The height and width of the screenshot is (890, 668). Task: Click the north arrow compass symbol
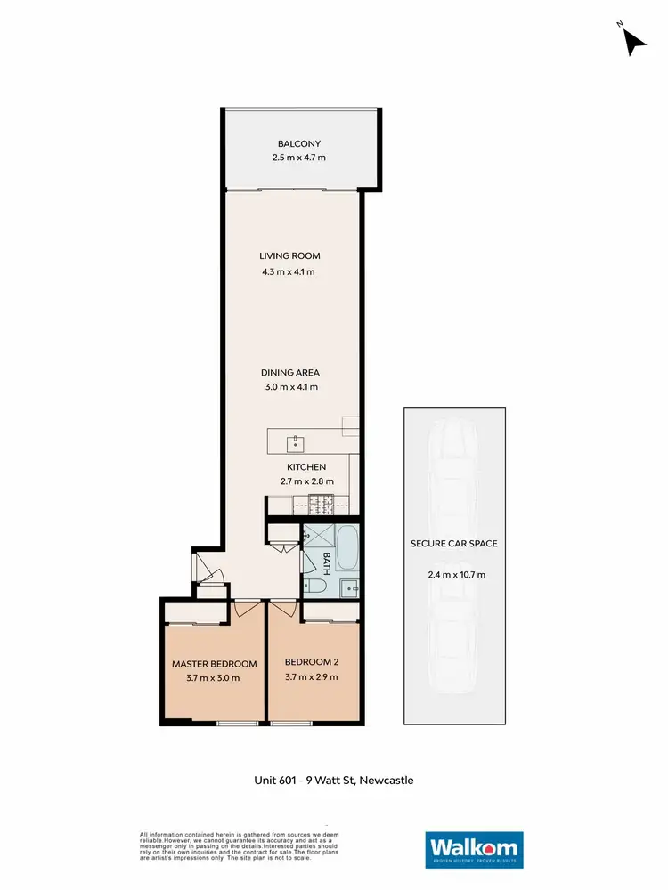pyautogui.click(x=632, y=41)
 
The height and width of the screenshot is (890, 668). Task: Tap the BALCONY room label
pyautogui.click(x=299, y=143)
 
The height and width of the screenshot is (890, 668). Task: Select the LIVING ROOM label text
pyautogui.click(x=289, y=256)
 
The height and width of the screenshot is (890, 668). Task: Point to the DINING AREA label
pyautogui.click(x=289, y=372)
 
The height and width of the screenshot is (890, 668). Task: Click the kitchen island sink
pyautogui.click(x=297, y=442)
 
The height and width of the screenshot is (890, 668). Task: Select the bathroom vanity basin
pyautogui.click(x=350, y=587)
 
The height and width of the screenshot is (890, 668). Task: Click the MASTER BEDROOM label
pyautogui.click(x=214, y=664)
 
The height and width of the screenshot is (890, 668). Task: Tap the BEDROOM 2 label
pyautogui.click(x=312, y=663)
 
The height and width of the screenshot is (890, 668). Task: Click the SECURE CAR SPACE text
pyautogui.click(x=453, y=544)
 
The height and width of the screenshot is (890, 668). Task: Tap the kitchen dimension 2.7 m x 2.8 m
pyautogui.click(x=305, y=481)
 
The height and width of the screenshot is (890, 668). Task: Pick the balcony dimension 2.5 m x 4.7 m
pyautogui.click(x=299, y=158)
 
